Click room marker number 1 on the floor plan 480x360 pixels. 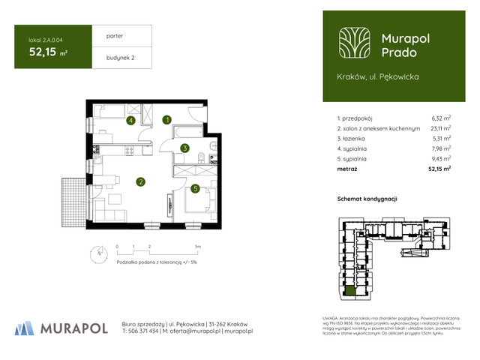168,119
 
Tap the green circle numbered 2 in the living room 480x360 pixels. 140,181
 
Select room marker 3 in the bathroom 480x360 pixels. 184,148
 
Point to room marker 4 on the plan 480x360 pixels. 130,120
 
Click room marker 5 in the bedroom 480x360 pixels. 194,189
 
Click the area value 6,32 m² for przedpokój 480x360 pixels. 441,118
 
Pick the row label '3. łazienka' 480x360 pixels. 352,139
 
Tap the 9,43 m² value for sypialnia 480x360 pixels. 441,159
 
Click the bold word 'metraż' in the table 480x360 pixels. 347,169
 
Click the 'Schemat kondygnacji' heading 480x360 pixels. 367,199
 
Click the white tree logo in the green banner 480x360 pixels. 352,43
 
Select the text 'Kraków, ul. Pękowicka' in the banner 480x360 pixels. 378,77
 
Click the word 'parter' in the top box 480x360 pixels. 115,35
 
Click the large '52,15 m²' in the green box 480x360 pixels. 47,52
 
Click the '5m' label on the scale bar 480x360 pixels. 197,246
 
